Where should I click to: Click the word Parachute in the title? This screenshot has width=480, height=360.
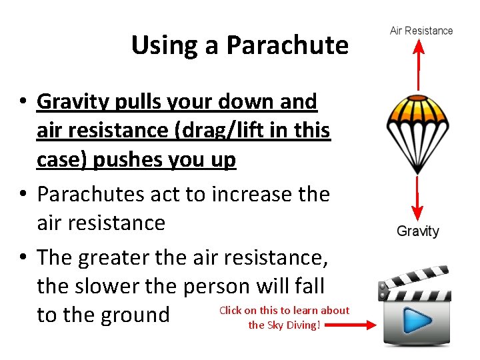click(x=287, y=45)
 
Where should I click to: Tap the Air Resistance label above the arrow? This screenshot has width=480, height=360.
click(x=421, y=31)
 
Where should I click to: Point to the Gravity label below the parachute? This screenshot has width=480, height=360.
click(x=418, y=231)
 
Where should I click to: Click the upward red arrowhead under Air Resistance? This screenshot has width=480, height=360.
click(x=418, y=46)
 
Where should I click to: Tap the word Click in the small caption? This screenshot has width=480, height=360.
click(x=230, y=310)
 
